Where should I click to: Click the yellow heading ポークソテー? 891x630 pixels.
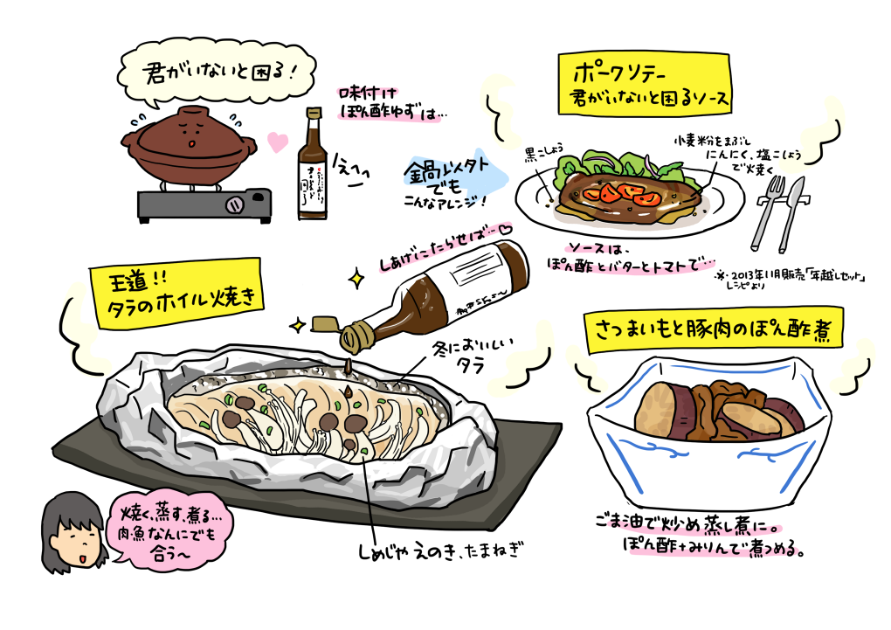646,84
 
